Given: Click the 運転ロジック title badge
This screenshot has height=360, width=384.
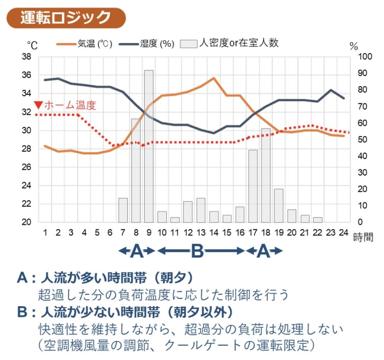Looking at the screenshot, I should [x=66, y=18].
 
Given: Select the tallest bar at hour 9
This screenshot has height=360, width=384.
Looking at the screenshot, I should [x=149, y=146].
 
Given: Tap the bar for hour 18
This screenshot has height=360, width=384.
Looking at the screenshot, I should [x=266, y=175].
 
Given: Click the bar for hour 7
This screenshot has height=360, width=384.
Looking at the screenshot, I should [x=123, y=210].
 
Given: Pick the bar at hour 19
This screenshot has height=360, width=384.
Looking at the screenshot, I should [x=279, y=205].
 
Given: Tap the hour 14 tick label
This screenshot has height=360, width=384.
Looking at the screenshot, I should [x=214, y=233].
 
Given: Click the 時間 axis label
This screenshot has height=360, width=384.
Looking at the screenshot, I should [x=363, y=237].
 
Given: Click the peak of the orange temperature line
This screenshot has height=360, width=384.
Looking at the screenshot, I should [x=214, y=78].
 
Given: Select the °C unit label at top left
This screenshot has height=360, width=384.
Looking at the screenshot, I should [x=32, y=46].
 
